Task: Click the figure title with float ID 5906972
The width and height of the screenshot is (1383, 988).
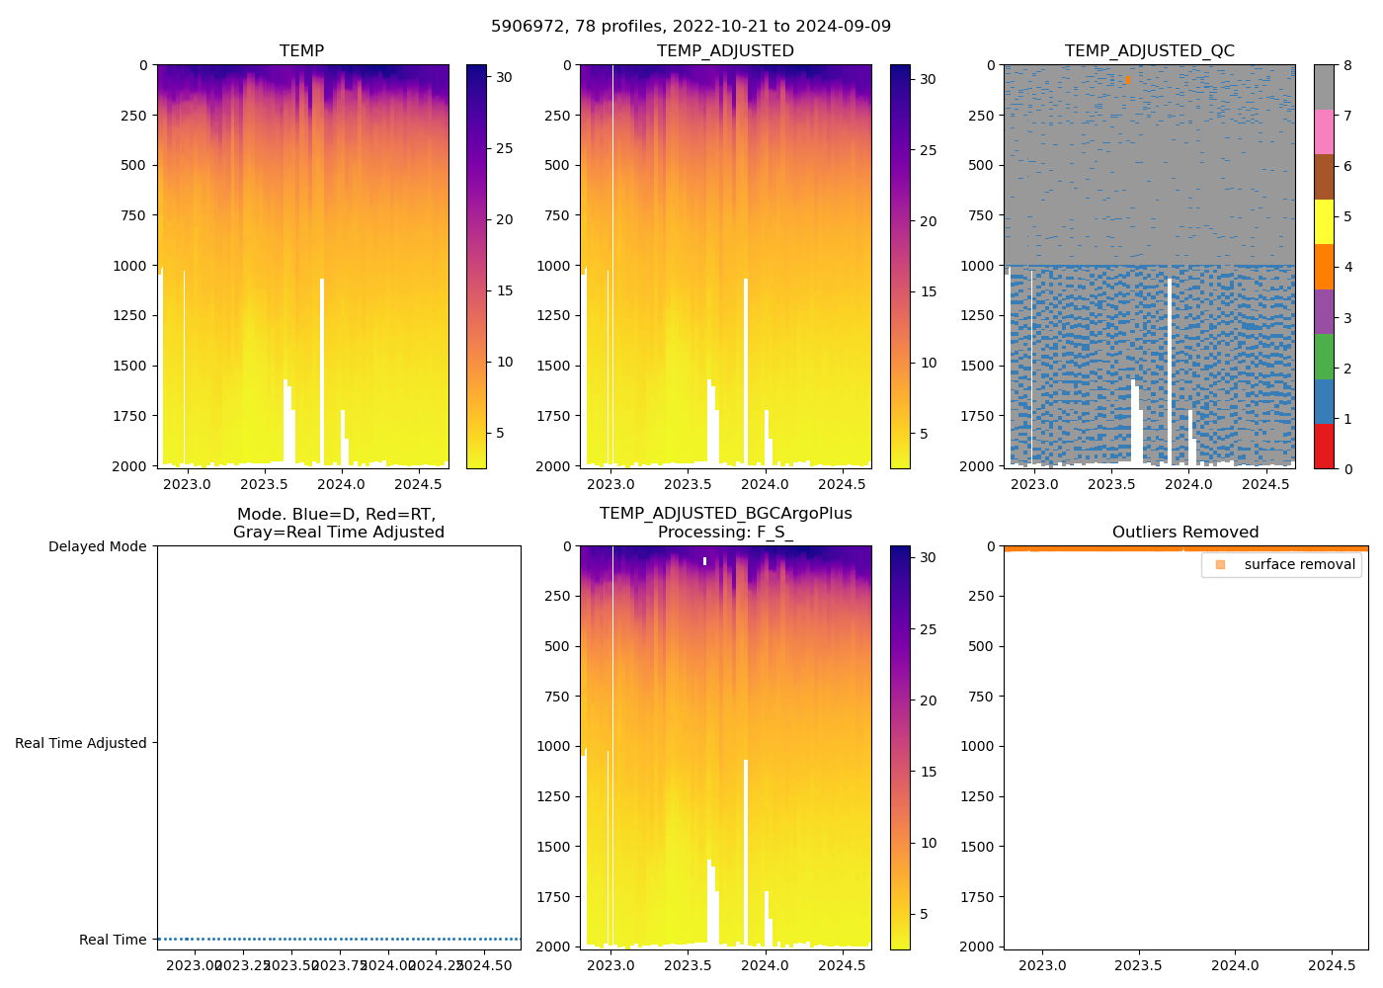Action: coord(691,27)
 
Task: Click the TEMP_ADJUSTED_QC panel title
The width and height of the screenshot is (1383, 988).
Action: coord(1149,50)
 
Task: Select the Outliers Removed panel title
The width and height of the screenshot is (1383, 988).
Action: coord(1185,533)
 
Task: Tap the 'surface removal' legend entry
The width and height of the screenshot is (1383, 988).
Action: coord(1299,564)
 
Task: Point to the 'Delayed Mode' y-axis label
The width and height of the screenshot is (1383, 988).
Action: coord(97,546)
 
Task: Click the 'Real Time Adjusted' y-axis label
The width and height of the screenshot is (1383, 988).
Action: coord(80,743)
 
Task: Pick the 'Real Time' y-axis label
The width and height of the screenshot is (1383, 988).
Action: coord(113,940)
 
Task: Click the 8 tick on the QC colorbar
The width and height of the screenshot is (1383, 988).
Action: coord(1347,65)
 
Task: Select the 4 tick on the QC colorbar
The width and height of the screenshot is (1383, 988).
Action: coord(1347,267)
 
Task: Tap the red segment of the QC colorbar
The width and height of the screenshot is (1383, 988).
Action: coord(1324,446)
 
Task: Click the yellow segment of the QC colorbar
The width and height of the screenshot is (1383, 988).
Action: coord(1324,221)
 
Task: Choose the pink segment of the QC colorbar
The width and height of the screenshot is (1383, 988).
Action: coord(1324,131)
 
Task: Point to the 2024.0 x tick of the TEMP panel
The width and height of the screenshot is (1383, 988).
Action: coord(341,484)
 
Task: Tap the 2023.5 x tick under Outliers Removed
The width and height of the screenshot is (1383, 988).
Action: coord(1138,965)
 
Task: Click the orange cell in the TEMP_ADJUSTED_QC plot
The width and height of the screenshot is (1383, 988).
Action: coord(1126,79)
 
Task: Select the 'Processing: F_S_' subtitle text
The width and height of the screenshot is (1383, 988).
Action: coord(725,532)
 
